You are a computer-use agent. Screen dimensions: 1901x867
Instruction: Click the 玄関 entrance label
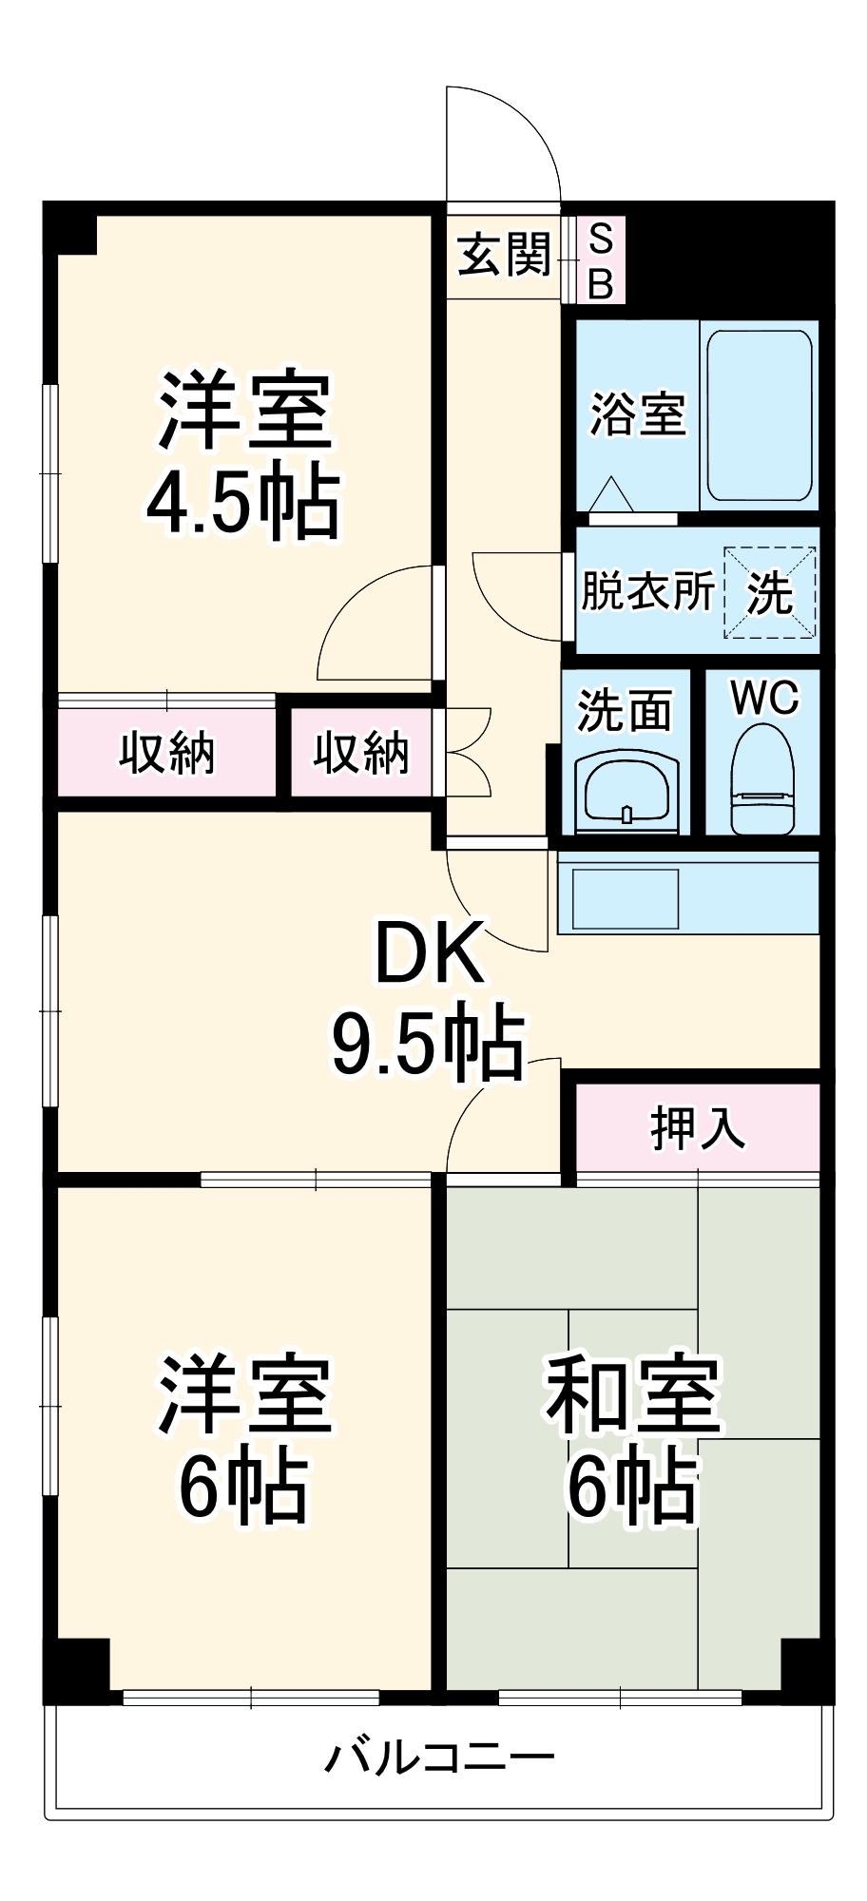504,255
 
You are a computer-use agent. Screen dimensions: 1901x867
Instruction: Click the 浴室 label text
638,415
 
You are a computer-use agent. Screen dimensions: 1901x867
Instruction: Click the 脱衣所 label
647,591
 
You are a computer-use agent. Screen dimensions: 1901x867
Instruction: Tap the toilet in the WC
762,779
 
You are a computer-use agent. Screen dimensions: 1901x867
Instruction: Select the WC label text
764,699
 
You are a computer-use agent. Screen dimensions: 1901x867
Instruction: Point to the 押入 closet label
698,1128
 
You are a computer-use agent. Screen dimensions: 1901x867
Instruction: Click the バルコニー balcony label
439,1757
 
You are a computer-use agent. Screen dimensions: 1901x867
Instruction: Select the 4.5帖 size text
243,503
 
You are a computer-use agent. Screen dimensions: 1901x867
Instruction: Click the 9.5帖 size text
428,1043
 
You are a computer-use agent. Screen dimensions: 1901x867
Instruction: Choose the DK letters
430,953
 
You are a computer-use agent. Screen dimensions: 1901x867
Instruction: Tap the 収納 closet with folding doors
361,753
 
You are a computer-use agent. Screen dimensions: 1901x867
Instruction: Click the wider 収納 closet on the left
167,753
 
